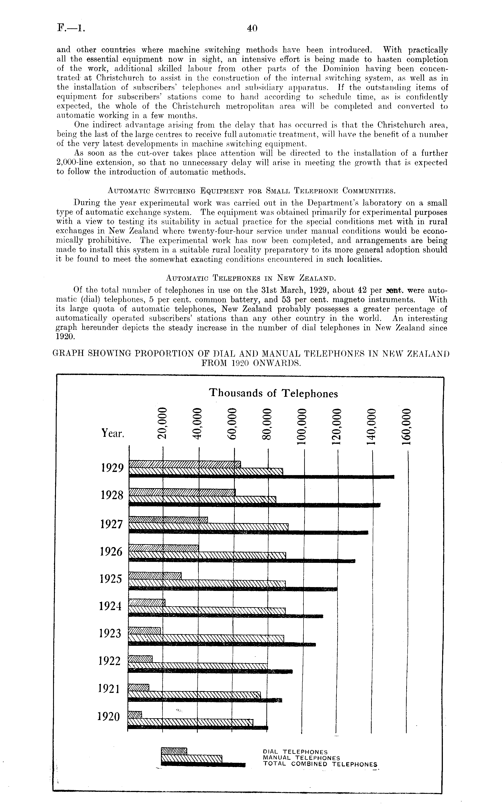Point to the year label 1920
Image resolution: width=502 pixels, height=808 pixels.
[109, 717]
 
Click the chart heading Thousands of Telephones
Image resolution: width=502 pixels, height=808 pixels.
[273, 393]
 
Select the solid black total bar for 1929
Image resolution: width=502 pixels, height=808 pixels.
[261, 477]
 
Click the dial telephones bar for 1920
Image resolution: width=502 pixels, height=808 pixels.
[135, 713]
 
